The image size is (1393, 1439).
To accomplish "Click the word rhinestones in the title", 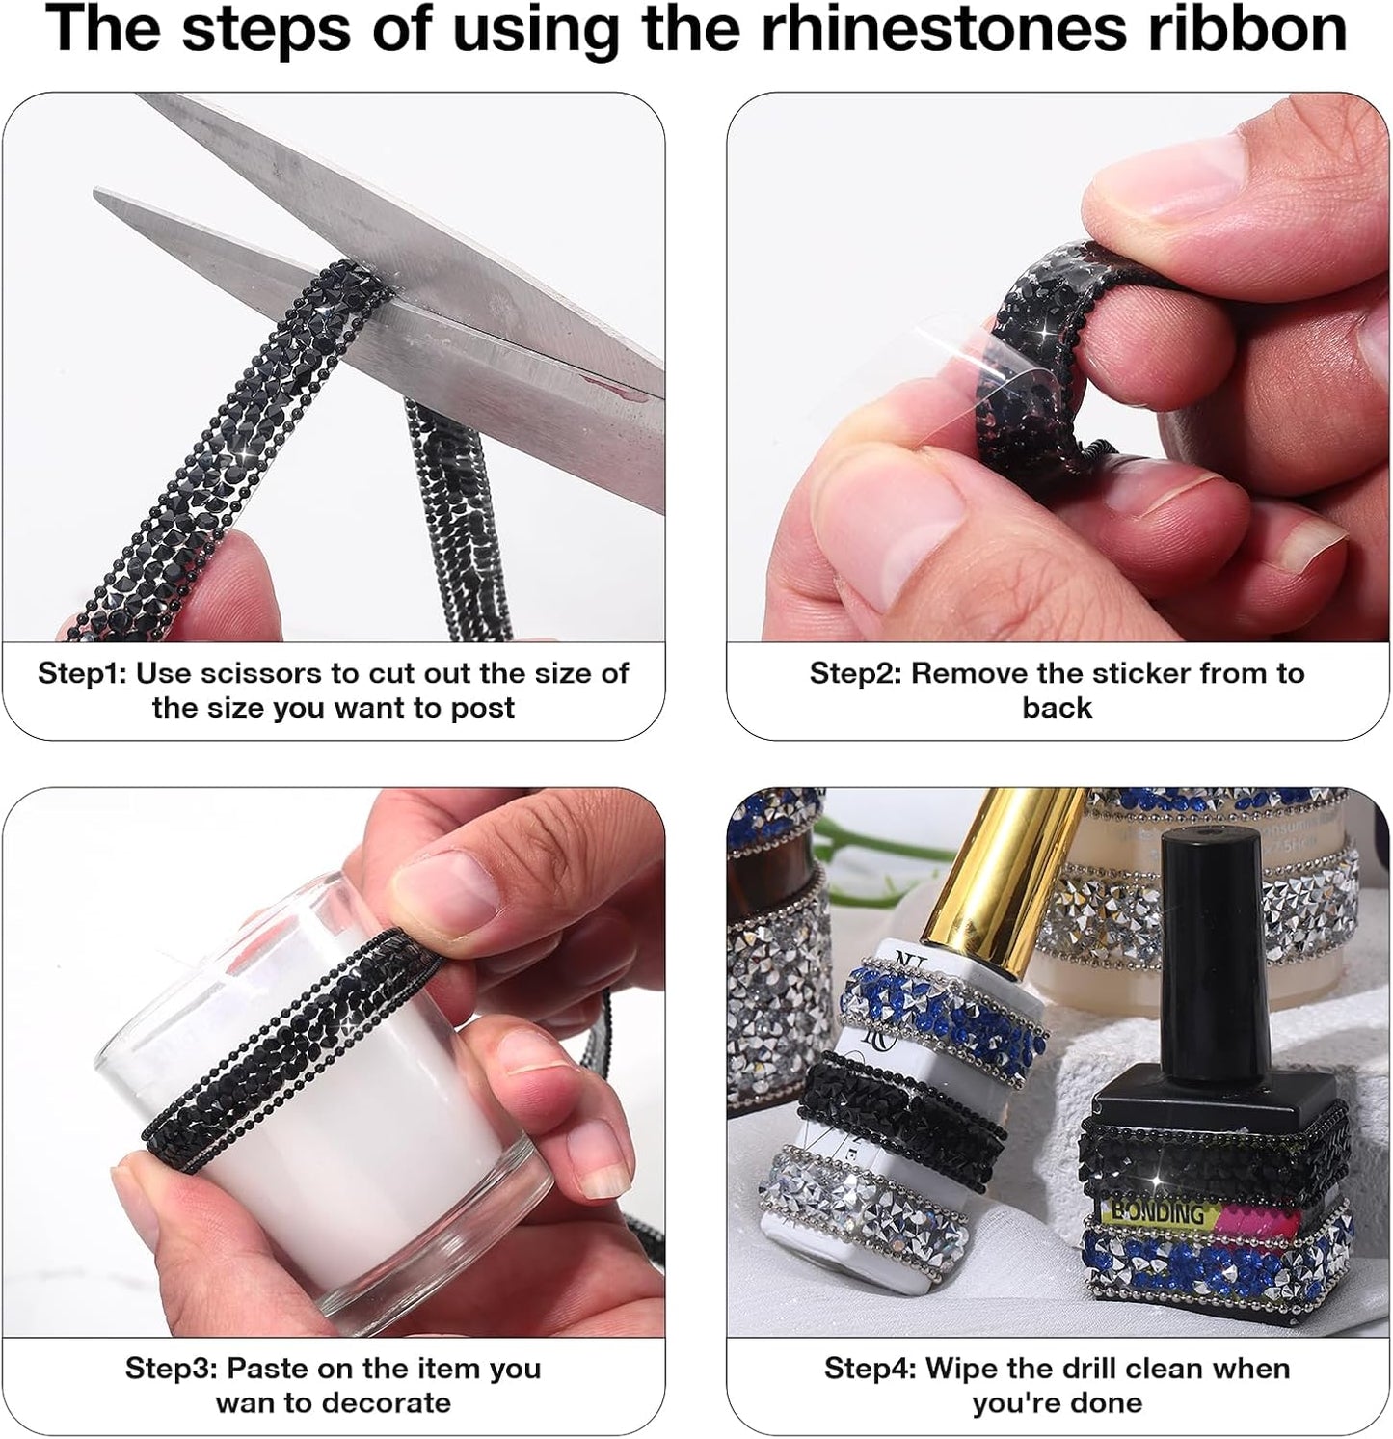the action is pyautogui.click(x=943, y=31).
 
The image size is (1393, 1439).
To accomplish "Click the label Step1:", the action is pyautogui.click(x=82, y=673).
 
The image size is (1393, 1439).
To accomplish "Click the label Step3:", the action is pyautogui.click(x=172, y=1369).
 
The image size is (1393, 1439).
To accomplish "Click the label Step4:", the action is pyautogui.click(x=871, y=1369).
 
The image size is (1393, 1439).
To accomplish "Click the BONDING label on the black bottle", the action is pyautogui.click(x=1157, y=1211).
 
